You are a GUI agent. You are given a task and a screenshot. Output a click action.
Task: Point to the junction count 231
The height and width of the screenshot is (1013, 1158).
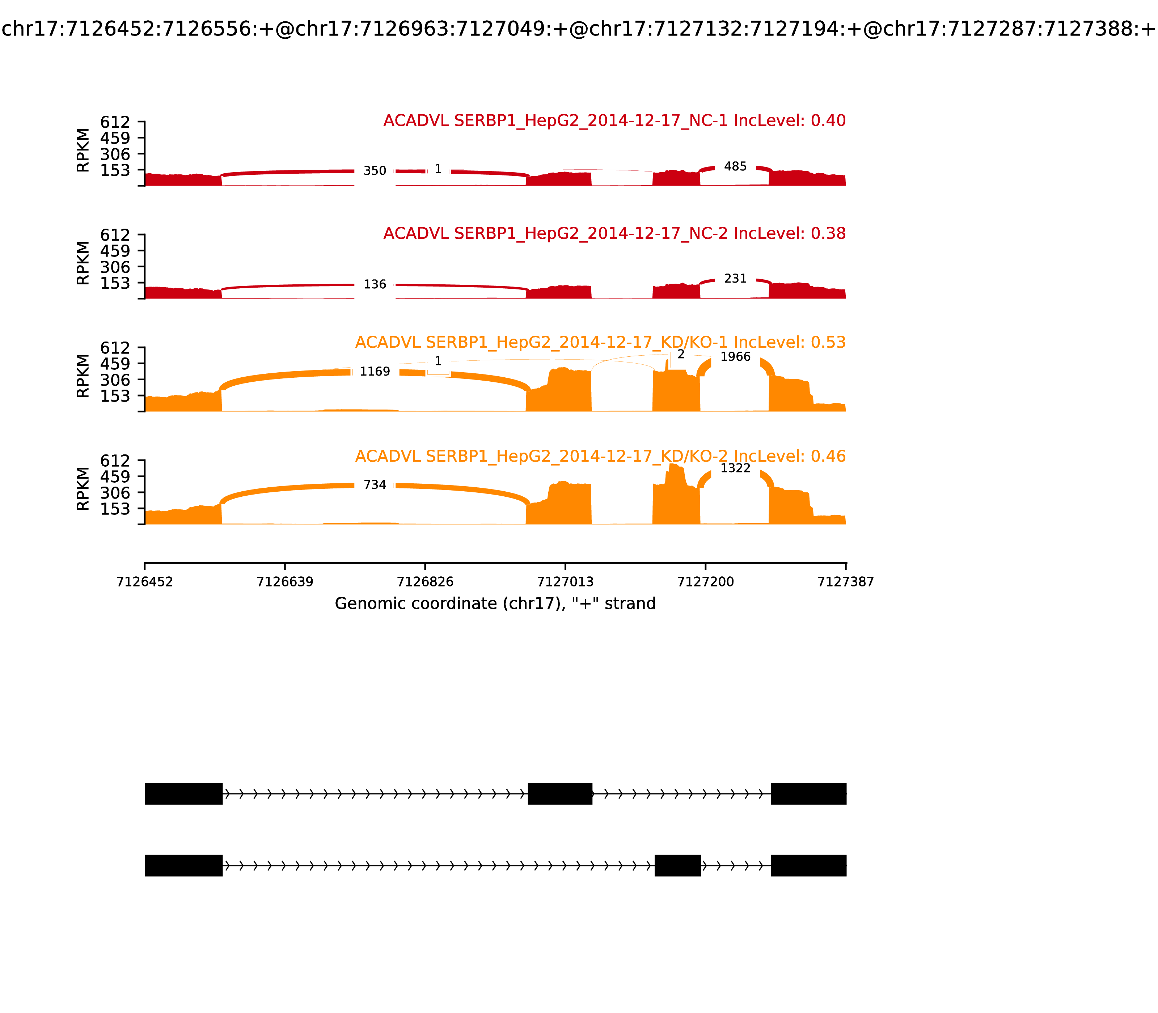(x=735, y=279)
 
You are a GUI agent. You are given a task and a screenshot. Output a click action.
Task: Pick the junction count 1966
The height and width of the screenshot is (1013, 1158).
(x=735, y=357)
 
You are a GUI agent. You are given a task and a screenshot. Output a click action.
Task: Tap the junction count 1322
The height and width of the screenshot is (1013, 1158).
(x=735, y=468)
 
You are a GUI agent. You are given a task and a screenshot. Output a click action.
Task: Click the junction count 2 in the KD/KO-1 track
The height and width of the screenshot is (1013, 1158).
(x=681, y=355)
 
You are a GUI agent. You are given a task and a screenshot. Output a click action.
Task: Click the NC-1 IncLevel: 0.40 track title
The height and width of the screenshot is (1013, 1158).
(x=614, y=120)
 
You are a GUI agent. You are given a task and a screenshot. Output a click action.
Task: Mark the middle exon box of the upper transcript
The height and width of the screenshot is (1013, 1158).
(x=560, y=794)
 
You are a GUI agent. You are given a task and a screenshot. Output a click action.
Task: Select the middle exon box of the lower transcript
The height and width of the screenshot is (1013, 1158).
(x=677, y=865)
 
